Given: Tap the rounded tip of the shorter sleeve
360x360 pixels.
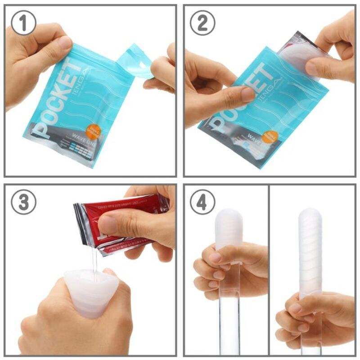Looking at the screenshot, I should coord(229,216).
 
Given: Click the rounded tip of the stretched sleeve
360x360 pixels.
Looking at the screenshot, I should coord(310,215).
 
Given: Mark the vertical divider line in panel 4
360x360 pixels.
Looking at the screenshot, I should coord(269,270).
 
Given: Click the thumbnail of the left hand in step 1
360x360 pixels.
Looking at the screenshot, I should coord(65,43).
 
